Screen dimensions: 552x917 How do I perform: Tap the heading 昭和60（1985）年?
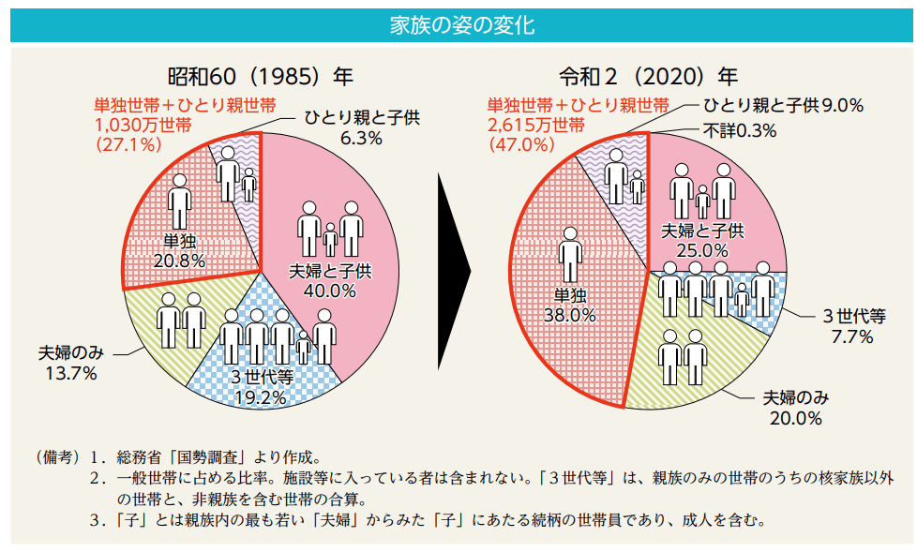click(261, 76)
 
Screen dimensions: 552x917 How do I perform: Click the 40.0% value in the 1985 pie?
click(329, 291)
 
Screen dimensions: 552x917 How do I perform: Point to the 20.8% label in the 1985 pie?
click(179, 261)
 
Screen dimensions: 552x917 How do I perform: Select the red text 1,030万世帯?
click(143, 125)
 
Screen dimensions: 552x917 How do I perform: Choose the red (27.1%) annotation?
click(128, 144)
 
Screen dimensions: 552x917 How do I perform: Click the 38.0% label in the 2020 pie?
click(569, 315)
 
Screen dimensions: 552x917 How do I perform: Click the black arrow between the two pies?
click(454, 268)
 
